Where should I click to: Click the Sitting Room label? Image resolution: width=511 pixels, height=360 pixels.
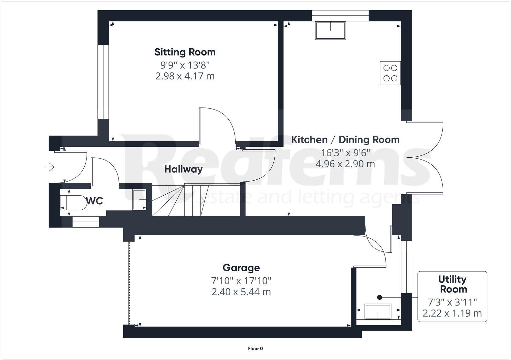pos(185,52)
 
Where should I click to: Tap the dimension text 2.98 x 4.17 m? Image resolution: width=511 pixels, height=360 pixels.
pos(185,76)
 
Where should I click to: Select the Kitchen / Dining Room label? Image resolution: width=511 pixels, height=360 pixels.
pos(345,140)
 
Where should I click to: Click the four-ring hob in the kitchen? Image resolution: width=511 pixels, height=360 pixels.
pos(390,73)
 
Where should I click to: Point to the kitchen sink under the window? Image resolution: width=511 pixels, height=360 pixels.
pos(330,30)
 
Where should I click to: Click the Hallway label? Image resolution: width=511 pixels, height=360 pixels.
pos(183,169)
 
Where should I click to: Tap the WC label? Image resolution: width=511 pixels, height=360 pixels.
pos(95,201)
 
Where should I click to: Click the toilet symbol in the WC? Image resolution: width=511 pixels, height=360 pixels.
pos(73,203)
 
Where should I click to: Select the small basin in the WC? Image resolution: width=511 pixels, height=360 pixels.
pos(139,199)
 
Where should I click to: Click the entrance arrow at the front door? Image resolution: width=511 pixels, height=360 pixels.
pos(50,167)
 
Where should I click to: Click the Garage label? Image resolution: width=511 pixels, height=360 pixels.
pos(241,268)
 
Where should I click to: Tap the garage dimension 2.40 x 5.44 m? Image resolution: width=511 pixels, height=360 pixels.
pos(241,292)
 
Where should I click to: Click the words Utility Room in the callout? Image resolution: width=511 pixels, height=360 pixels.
pos(453,284)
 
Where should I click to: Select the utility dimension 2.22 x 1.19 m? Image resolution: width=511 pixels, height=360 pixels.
pos(452,313)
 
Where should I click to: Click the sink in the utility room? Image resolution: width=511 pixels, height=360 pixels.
pos(378,311)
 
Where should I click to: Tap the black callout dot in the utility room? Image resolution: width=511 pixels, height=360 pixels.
pos(379,297)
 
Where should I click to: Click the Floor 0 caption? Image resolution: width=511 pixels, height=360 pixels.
pos(255,349)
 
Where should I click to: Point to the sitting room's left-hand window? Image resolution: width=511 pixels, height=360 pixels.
pos(103,82)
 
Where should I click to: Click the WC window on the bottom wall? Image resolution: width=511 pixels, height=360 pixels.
pos(86,222)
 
